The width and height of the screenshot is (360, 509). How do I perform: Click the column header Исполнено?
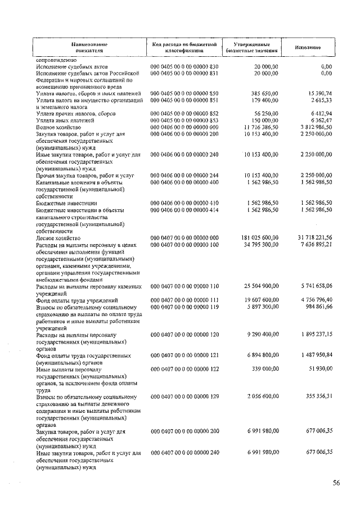pos(307,47)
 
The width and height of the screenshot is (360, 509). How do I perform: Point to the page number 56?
pos(336,482)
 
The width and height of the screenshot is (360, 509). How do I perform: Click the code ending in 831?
pos(184,73)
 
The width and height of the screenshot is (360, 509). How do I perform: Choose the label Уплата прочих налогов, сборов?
pos(72,114)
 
